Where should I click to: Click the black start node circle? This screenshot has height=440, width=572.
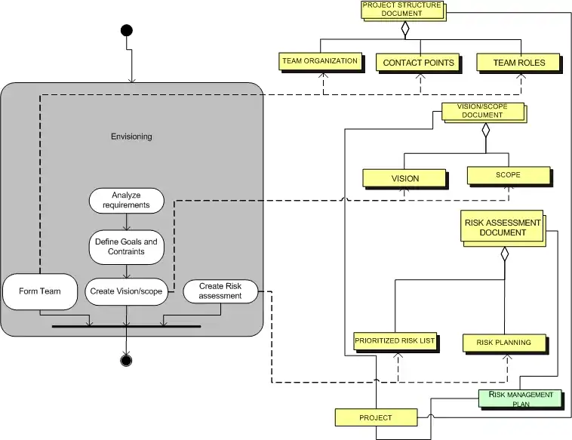(x=126, y=30)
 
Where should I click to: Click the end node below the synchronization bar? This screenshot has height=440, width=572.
(x=126, y=360)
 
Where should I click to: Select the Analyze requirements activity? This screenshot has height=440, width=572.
(x=126, y=200)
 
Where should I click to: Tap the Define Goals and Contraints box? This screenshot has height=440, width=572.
(x=126, y=247)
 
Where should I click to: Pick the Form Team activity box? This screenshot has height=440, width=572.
(x=40, y=292)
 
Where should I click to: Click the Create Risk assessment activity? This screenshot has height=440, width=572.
(x=220, y=291)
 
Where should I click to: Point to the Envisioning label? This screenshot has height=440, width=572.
(x=131, y=137)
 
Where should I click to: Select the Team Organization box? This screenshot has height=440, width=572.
(x=319, y=61)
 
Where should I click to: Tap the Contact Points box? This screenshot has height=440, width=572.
(x=418, y=63)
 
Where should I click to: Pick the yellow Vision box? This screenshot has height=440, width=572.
(x=404, y=179)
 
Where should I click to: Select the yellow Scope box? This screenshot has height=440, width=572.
(x=508, y=175)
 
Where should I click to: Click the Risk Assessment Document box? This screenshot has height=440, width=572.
(x=503, y=227)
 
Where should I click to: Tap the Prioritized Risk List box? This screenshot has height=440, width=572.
(x=395, y=342)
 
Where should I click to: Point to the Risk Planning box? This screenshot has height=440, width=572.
(x=503, y=343)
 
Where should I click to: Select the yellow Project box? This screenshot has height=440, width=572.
(x=376, y=417)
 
